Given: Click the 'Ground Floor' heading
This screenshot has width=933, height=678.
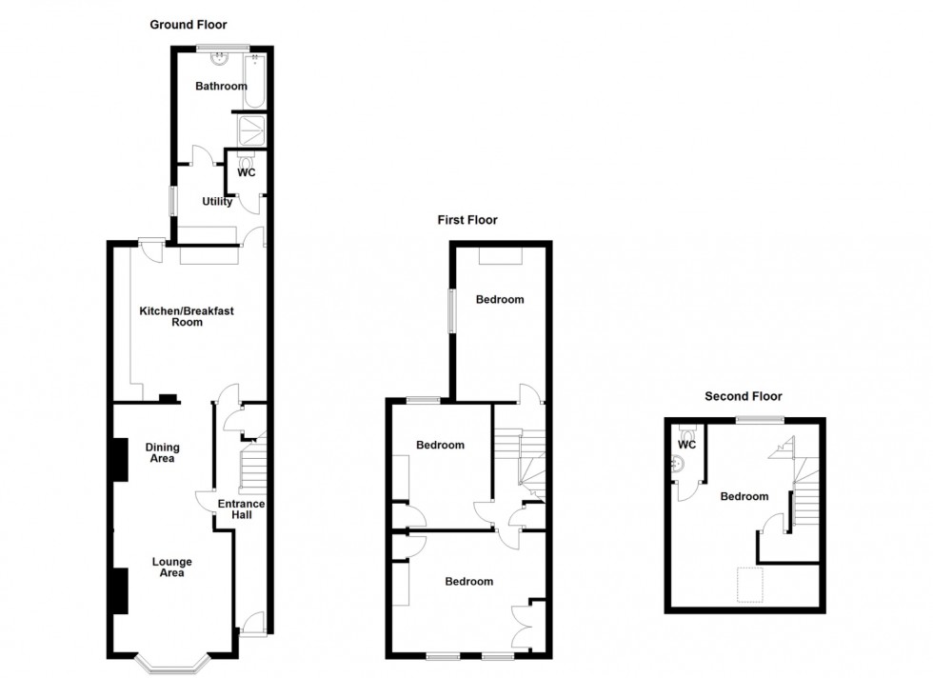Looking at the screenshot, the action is pyautogui.click(x=189, y=25).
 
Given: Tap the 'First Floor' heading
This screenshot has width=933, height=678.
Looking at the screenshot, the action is pyautogui.click(x=467, y=220).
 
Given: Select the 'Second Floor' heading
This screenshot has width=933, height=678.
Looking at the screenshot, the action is pyautogui.click(x=744, y=396).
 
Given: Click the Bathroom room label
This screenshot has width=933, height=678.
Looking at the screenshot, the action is pyautogui.click(x=221, y=87).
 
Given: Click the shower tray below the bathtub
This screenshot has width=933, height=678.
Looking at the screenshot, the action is pyautogui.click(x=251, y=130).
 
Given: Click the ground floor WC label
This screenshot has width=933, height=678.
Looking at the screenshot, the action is pyautogui.click(x=247, y=172).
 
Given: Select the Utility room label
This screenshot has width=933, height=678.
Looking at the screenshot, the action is pyautogui.click(x=217, y=202).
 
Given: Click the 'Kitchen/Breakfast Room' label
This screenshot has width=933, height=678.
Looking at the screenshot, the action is pyautogui.click(x=187, y=316).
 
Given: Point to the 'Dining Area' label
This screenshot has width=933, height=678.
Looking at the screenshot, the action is pyautogui.click(x=163, y=452).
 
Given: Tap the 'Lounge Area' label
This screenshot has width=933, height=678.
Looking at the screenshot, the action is pyautogui.click(x=172, y=567).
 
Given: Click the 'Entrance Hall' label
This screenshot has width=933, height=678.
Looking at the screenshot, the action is pyautogui.click(x=241, y=508).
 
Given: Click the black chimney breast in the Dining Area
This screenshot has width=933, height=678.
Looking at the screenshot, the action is pyautogui.click(x=120, y=459).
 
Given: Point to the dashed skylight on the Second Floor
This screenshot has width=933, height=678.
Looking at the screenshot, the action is pyautogui.click(x=750, y=585).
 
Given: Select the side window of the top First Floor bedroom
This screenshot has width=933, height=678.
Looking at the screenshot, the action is pyautogui.click(x=451, y=310).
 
